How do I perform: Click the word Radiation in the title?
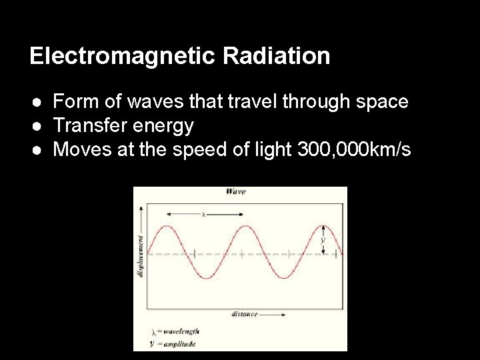coord(277,56)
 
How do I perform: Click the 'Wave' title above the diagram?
coord(235,191)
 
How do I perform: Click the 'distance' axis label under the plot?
coord(245,313)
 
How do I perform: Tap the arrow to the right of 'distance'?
coord(275,313)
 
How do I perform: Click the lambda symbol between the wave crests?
coord(203,214)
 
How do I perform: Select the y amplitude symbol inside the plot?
coord(323,239)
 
